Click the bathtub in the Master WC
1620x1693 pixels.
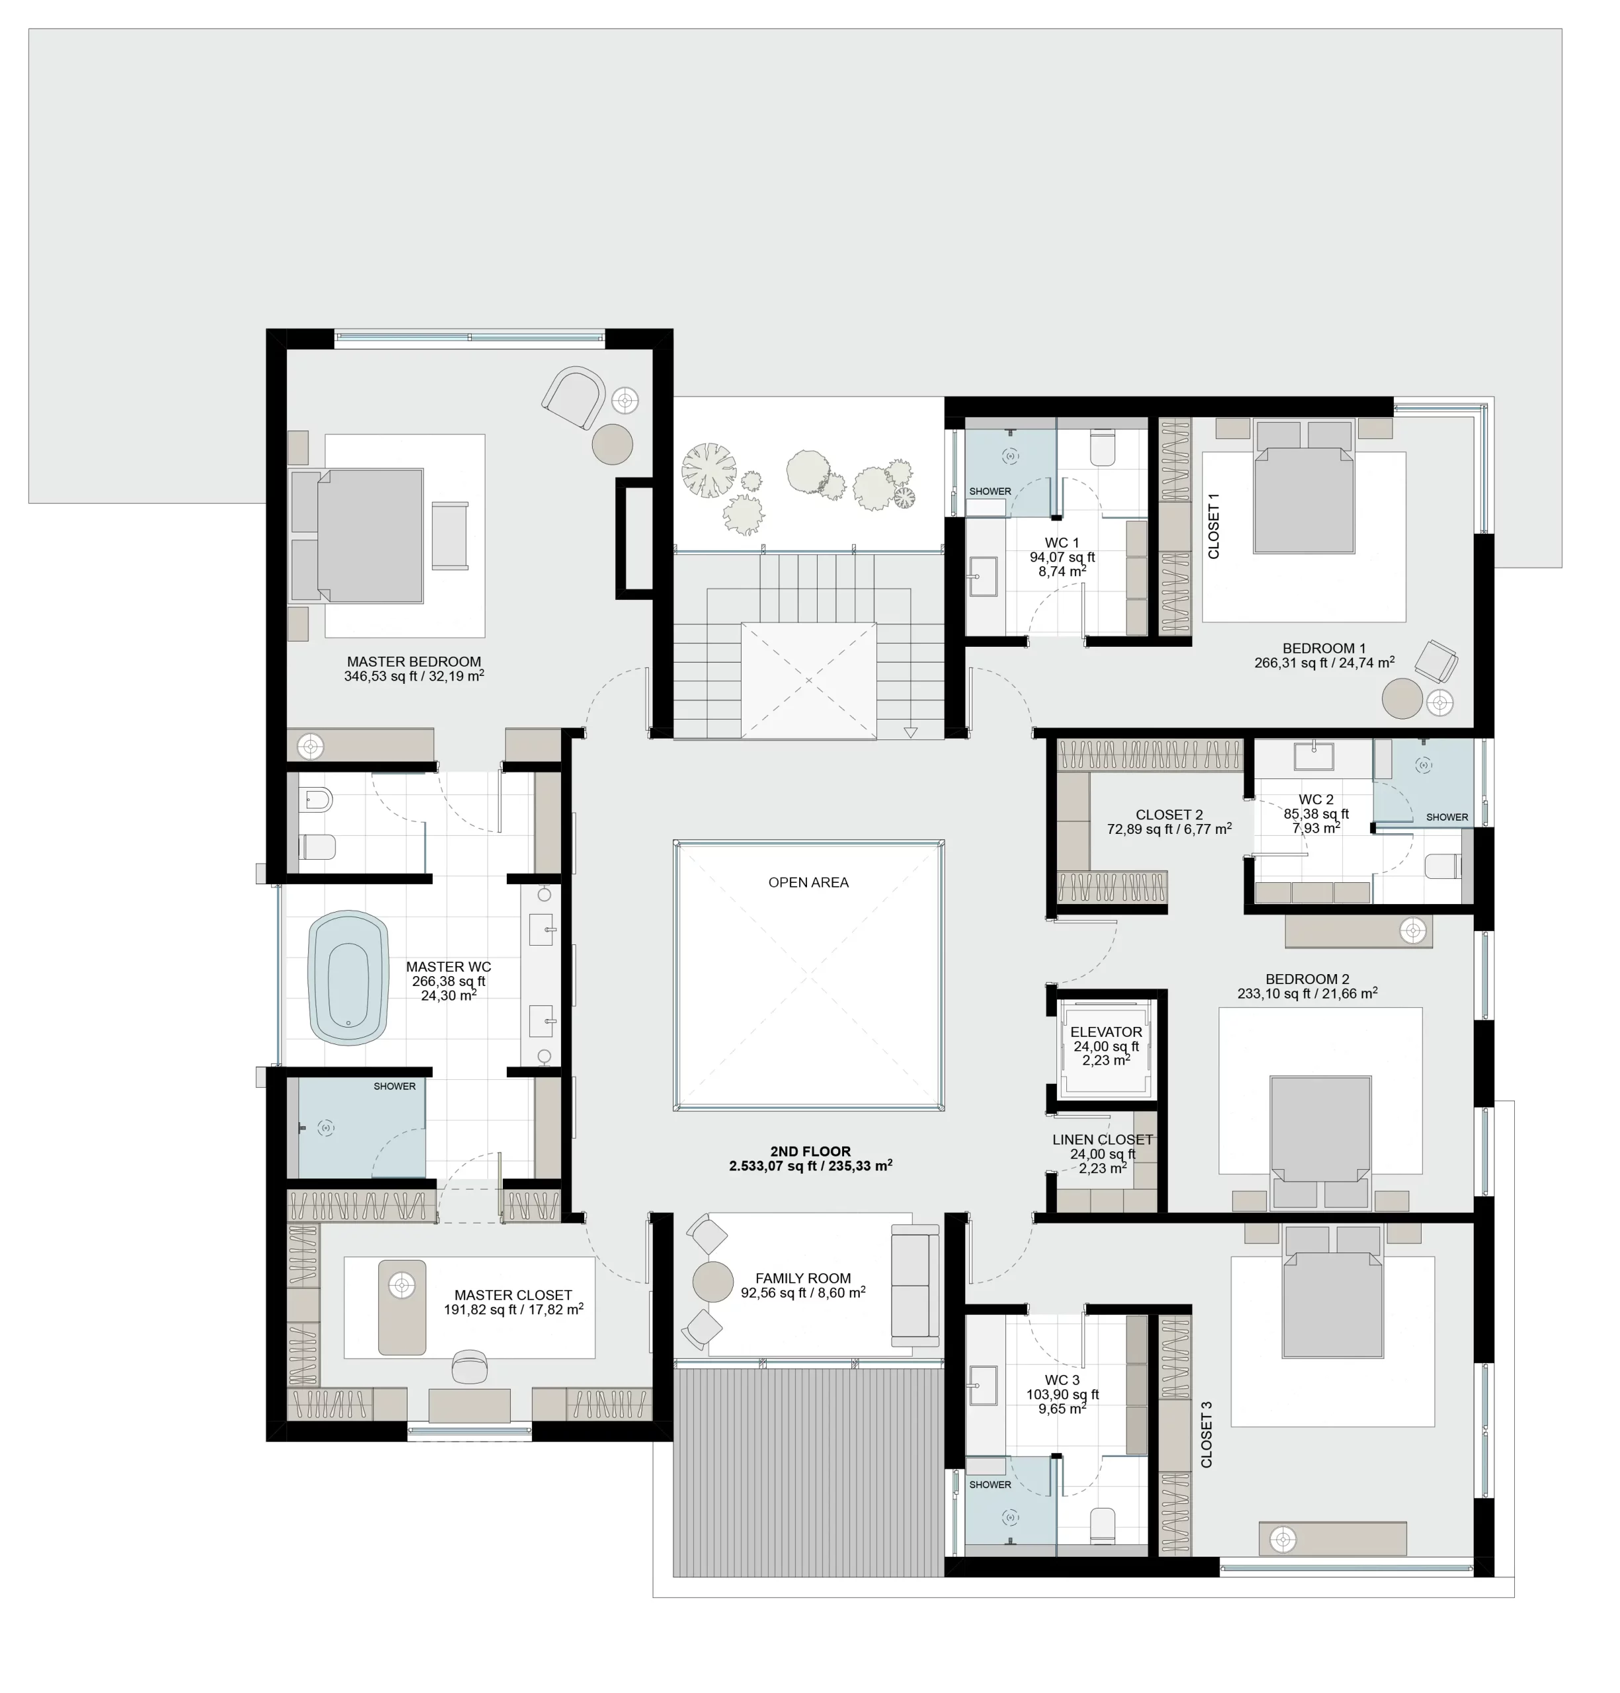click(348, 978)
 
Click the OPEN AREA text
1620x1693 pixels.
click(808, 882)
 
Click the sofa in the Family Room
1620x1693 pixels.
click(916, 1286)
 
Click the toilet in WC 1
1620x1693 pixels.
click(1103, 448)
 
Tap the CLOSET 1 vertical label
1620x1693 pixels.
click(1213, 526)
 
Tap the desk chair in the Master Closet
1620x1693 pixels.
click(470, 1367)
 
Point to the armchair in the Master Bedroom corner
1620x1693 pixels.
click(574, 396)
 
